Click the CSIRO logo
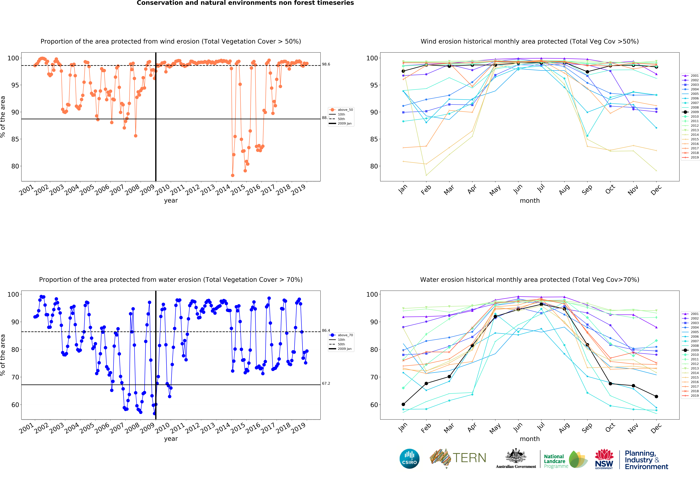point(409,459)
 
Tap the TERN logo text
point(469,458)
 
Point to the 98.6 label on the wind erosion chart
point(326,64)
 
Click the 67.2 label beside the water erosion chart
point(326,383)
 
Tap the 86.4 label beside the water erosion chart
point(326,330)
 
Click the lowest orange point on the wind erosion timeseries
point(233,175)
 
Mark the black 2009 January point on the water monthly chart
point(403,404)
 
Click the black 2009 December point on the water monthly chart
point(656,396)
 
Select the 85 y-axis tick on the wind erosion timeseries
point(15,139)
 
